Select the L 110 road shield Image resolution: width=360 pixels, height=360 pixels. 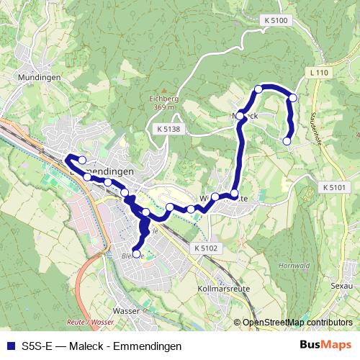click(317, 73)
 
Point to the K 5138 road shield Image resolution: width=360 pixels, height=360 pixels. click(167, 130)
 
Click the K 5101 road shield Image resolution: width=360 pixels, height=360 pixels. click(335, 187)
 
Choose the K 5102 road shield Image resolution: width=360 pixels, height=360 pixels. click(204, 247)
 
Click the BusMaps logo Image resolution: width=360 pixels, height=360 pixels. click(325, 345)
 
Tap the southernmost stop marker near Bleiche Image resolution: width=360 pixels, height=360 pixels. click(137, 253)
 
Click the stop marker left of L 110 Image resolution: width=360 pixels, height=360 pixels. click(293, 97)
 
